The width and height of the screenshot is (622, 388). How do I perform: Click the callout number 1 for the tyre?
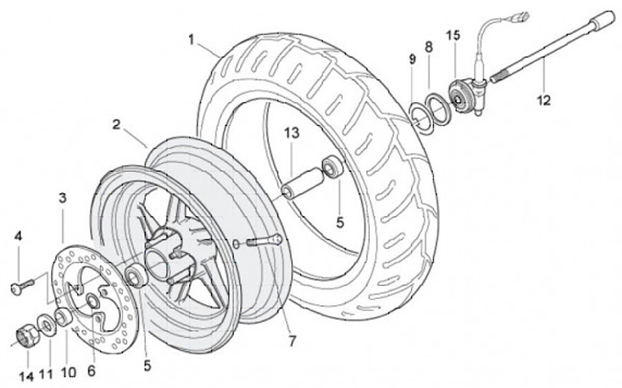click(191, 40)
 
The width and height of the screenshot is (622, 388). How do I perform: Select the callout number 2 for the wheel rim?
click(116, 124)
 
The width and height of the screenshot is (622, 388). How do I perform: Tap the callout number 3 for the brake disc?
click(63, 198)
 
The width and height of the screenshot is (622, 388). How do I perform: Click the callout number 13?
click(292, 133)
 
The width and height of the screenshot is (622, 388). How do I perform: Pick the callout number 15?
click(453, 35)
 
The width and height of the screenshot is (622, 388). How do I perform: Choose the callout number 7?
click(292, 341)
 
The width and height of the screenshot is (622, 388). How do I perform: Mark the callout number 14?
click(27, 377)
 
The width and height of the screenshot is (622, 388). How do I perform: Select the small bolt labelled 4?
click(22, 286)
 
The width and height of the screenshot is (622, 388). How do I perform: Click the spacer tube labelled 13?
click(302, 182)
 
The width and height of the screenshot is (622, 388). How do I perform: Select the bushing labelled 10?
click(63, 317)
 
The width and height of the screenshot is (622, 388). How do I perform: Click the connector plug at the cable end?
click(520, 17)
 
